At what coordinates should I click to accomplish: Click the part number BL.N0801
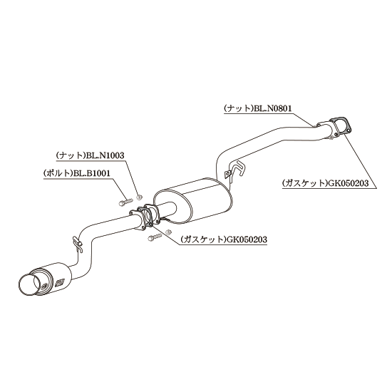click(273, 108)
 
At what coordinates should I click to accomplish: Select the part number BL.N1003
click(105, 155)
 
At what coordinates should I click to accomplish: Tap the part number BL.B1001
click(91, 173)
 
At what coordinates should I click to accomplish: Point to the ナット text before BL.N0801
click(239, 108)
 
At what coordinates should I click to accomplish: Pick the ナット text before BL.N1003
click(71, 155)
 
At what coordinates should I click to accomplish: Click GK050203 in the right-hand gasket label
click(348, 183)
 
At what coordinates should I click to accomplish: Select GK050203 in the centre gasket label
click(247, 239)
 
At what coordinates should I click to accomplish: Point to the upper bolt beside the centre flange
click(125, 202)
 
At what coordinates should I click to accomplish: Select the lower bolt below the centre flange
click(155, 237)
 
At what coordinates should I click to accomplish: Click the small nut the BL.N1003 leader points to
click(139, 197)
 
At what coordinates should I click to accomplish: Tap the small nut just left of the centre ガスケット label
click(168, 232)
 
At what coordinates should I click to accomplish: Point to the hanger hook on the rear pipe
click(78, 244)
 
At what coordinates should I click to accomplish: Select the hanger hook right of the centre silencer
click(235, 170)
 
